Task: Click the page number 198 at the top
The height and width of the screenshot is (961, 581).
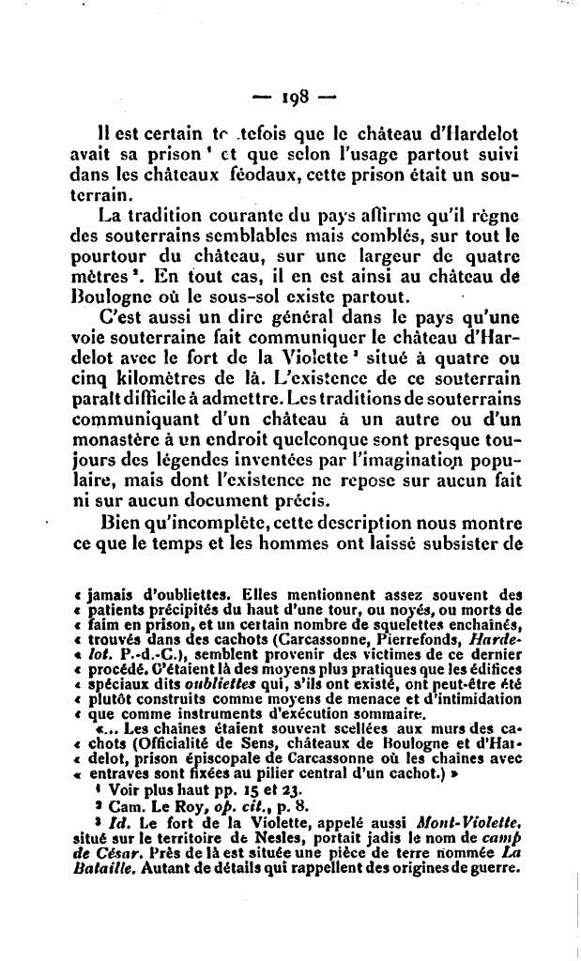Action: coord(292,97)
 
